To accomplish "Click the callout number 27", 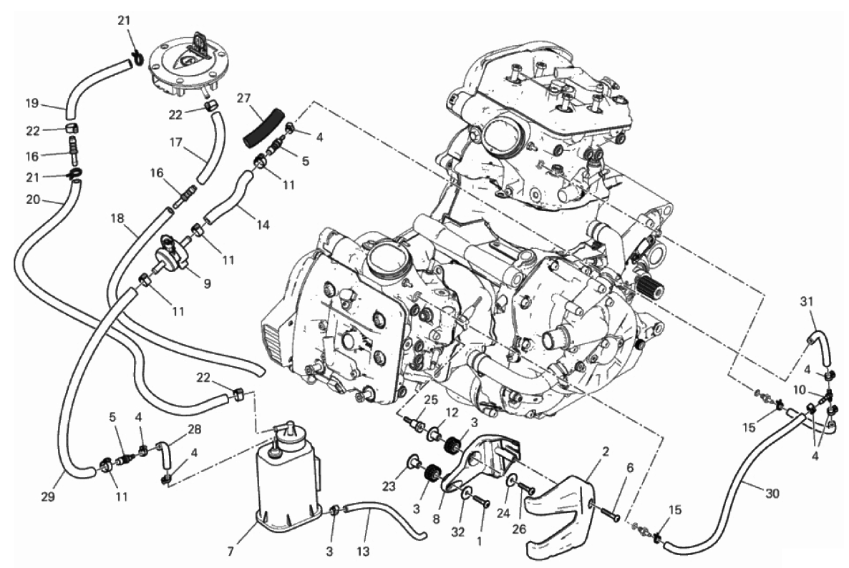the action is [243, 98].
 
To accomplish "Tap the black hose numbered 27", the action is [263, 127].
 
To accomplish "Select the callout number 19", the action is [33, 102].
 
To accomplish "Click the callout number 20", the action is [33, 200].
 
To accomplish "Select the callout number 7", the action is [231, 552].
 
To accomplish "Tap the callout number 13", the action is [363, 552].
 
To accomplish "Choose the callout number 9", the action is [208, 283].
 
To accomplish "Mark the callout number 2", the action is [606, 451].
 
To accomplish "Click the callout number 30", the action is [772, 494].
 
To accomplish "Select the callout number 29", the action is [48, 496].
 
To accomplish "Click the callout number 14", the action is [263, 225].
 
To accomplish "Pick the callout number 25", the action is [430, 400].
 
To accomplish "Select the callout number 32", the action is [458, 532].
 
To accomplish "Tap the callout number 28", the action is [195, 429].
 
